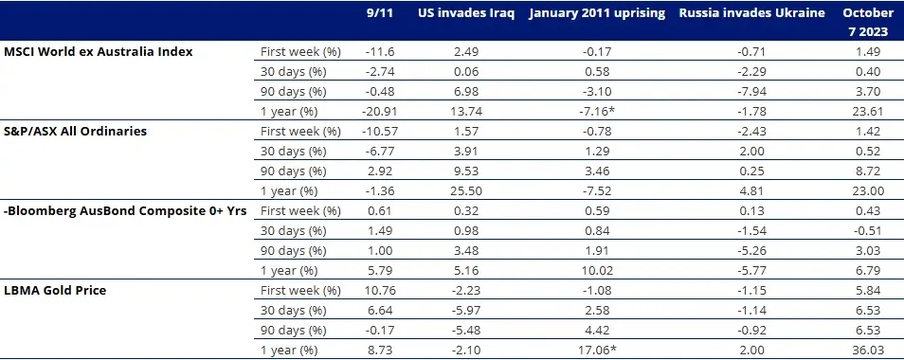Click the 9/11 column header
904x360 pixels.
(378, 13)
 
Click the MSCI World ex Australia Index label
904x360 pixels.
(99, 50)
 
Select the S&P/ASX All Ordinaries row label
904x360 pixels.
(77, 130)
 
